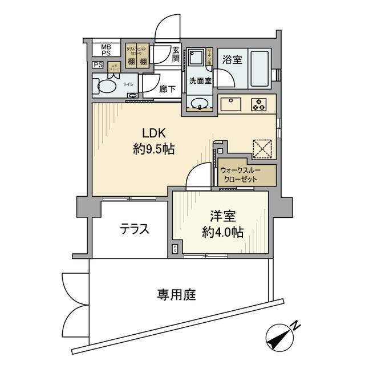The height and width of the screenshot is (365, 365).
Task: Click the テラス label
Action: click(x=135, y=229)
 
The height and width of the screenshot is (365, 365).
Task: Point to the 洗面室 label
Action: click(x=200, y=81)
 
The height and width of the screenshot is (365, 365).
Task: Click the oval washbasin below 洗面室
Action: click(x=199, y=104)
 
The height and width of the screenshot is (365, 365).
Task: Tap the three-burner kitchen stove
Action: click(x=259, y=104)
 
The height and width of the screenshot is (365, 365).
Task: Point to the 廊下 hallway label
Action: click(x=167, y=89)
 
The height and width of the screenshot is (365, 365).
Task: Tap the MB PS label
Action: click(x=107, y=50)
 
